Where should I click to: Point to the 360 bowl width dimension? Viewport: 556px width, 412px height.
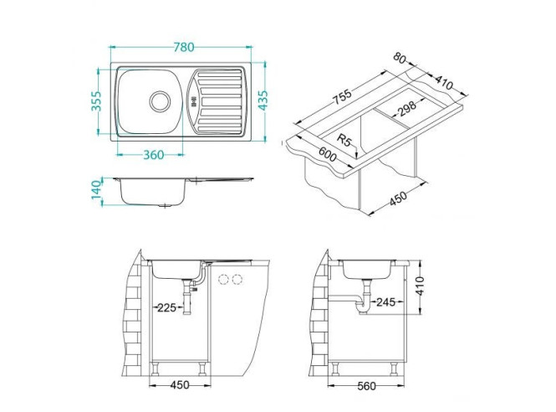click(x=152, y=156)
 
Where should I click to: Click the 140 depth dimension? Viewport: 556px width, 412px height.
click(x=98, y=191)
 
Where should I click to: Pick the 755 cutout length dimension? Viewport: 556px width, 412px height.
click(x=342, y=96)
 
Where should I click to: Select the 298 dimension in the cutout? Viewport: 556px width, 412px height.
click(x=407, y=108)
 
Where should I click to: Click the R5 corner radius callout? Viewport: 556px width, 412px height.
click(x=344, y=140)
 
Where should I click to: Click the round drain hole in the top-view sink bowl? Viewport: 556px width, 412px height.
click(x=158, y=101)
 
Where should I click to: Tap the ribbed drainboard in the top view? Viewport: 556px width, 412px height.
click(x=218, y=101)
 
